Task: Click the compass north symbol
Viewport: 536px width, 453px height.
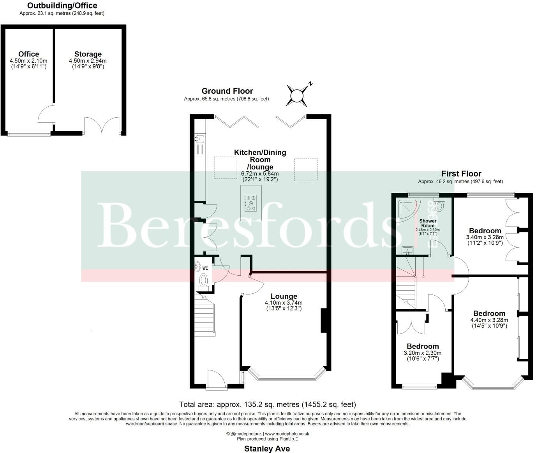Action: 297,95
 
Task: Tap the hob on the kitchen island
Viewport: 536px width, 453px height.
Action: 251,203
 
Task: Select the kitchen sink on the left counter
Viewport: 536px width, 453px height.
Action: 200,139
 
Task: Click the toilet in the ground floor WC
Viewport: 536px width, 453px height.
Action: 203,279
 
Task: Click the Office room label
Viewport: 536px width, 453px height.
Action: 28,54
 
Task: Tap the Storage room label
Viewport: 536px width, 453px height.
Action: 88,54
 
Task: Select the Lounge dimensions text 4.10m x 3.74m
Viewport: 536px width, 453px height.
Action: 284,303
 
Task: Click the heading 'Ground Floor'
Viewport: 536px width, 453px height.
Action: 227,91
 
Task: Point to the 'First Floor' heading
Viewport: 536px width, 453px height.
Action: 461,174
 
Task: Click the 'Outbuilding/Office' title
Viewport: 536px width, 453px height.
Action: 62,5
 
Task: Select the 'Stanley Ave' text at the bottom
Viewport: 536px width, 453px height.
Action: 267,449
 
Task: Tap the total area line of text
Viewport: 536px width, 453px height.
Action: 267,404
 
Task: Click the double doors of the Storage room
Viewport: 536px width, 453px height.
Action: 102,125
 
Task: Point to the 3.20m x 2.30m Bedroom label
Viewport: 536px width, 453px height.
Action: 423,346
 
